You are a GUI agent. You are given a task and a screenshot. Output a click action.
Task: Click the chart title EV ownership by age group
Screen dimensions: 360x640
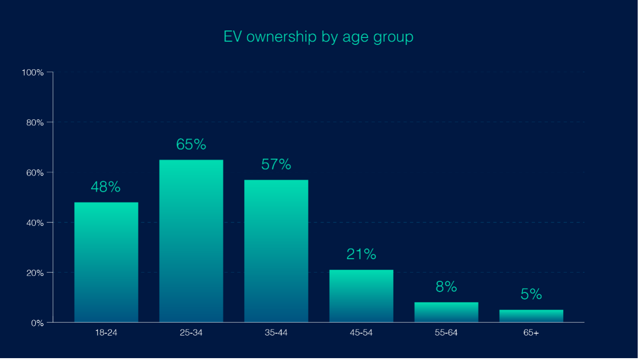pyautogui.click(x=318, y=37)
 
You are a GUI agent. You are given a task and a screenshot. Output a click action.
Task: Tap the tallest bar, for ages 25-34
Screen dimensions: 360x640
pyautogui.click(x=191, y=241)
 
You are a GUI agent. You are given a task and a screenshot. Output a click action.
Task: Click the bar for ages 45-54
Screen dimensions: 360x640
pyautogui.click(x=361, y=296)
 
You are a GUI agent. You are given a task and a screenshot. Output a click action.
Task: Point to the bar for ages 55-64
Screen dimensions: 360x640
pyautogui.click(x=446, y=312)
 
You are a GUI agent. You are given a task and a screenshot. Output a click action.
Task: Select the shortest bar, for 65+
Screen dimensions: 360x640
pyautogui.click(x=531, y=316)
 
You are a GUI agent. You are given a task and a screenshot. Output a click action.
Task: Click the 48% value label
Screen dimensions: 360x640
pyautogui.click(x=105, y=187)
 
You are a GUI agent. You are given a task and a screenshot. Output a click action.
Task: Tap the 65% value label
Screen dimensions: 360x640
pyautogui.click(x=191, y=145)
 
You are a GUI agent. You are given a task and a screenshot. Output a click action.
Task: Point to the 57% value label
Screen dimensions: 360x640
pyautogui.click(x=276, y=165)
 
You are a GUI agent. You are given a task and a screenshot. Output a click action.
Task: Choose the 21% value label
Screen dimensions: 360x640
pyautogui.click(x=361, y=254)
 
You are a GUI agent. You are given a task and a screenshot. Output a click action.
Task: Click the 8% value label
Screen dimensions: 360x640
pyautogui.click(x=446, y=287)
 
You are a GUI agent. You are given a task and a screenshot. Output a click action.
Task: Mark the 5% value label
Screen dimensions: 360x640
pyautogui.click(x=531, y=294)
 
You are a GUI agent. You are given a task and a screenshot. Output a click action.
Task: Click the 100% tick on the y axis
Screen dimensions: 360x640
pyautogui.click(x=33, y=73)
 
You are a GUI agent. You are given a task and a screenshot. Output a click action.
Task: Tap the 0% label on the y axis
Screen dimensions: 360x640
pyautogui.click(x=37, y=323)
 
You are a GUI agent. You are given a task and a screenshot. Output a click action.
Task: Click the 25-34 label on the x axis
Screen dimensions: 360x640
pyautogui.click(x=191, y=333)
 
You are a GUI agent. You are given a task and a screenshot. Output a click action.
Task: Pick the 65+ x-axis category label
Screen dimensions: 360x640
pyautogui.click(x=531, y=333)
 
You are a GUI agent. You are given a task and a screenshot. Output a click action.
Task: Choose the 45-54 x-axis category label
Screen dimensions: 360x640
pyautogui.click(x=361, y=333)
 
